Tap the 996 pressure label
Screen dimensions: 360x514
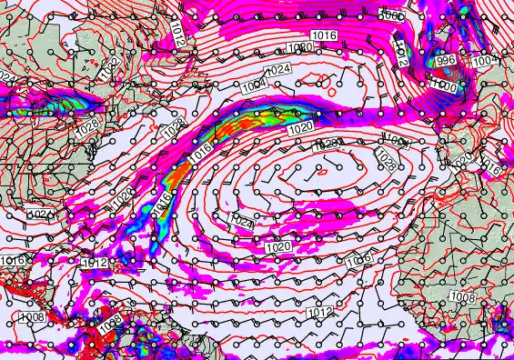point(446,60)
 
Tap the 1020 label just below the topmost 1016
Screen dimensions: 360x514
point(300,47)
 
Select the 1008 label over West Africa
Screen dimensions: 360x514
point(463,297)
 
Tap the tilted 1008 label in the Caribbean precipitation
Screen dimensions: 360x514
point(110,321)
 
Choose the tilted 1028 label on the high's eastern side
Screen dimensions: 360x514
point(386,160)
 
